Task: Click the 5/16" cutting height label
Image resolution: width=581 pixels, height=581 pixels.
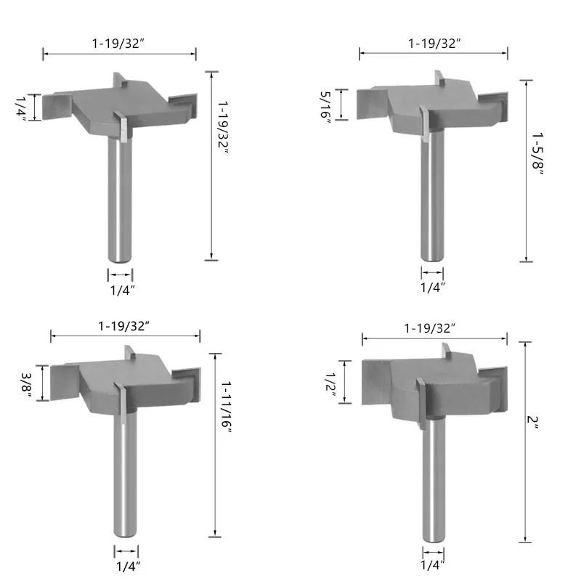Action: (x=325, y=105)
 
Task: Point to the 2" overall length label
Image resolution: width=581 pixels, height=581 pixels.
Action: (x=532, y=422)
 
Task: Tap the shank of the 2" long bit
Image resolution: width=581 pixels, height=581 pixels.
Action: (x=434, y=479)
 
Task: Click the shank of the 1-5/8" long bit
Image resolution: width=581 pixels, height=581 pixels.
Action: (x=432, y=195)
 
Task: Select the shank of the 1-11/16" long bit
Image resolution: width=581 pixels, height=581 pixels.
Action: (x=125, y=474)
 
